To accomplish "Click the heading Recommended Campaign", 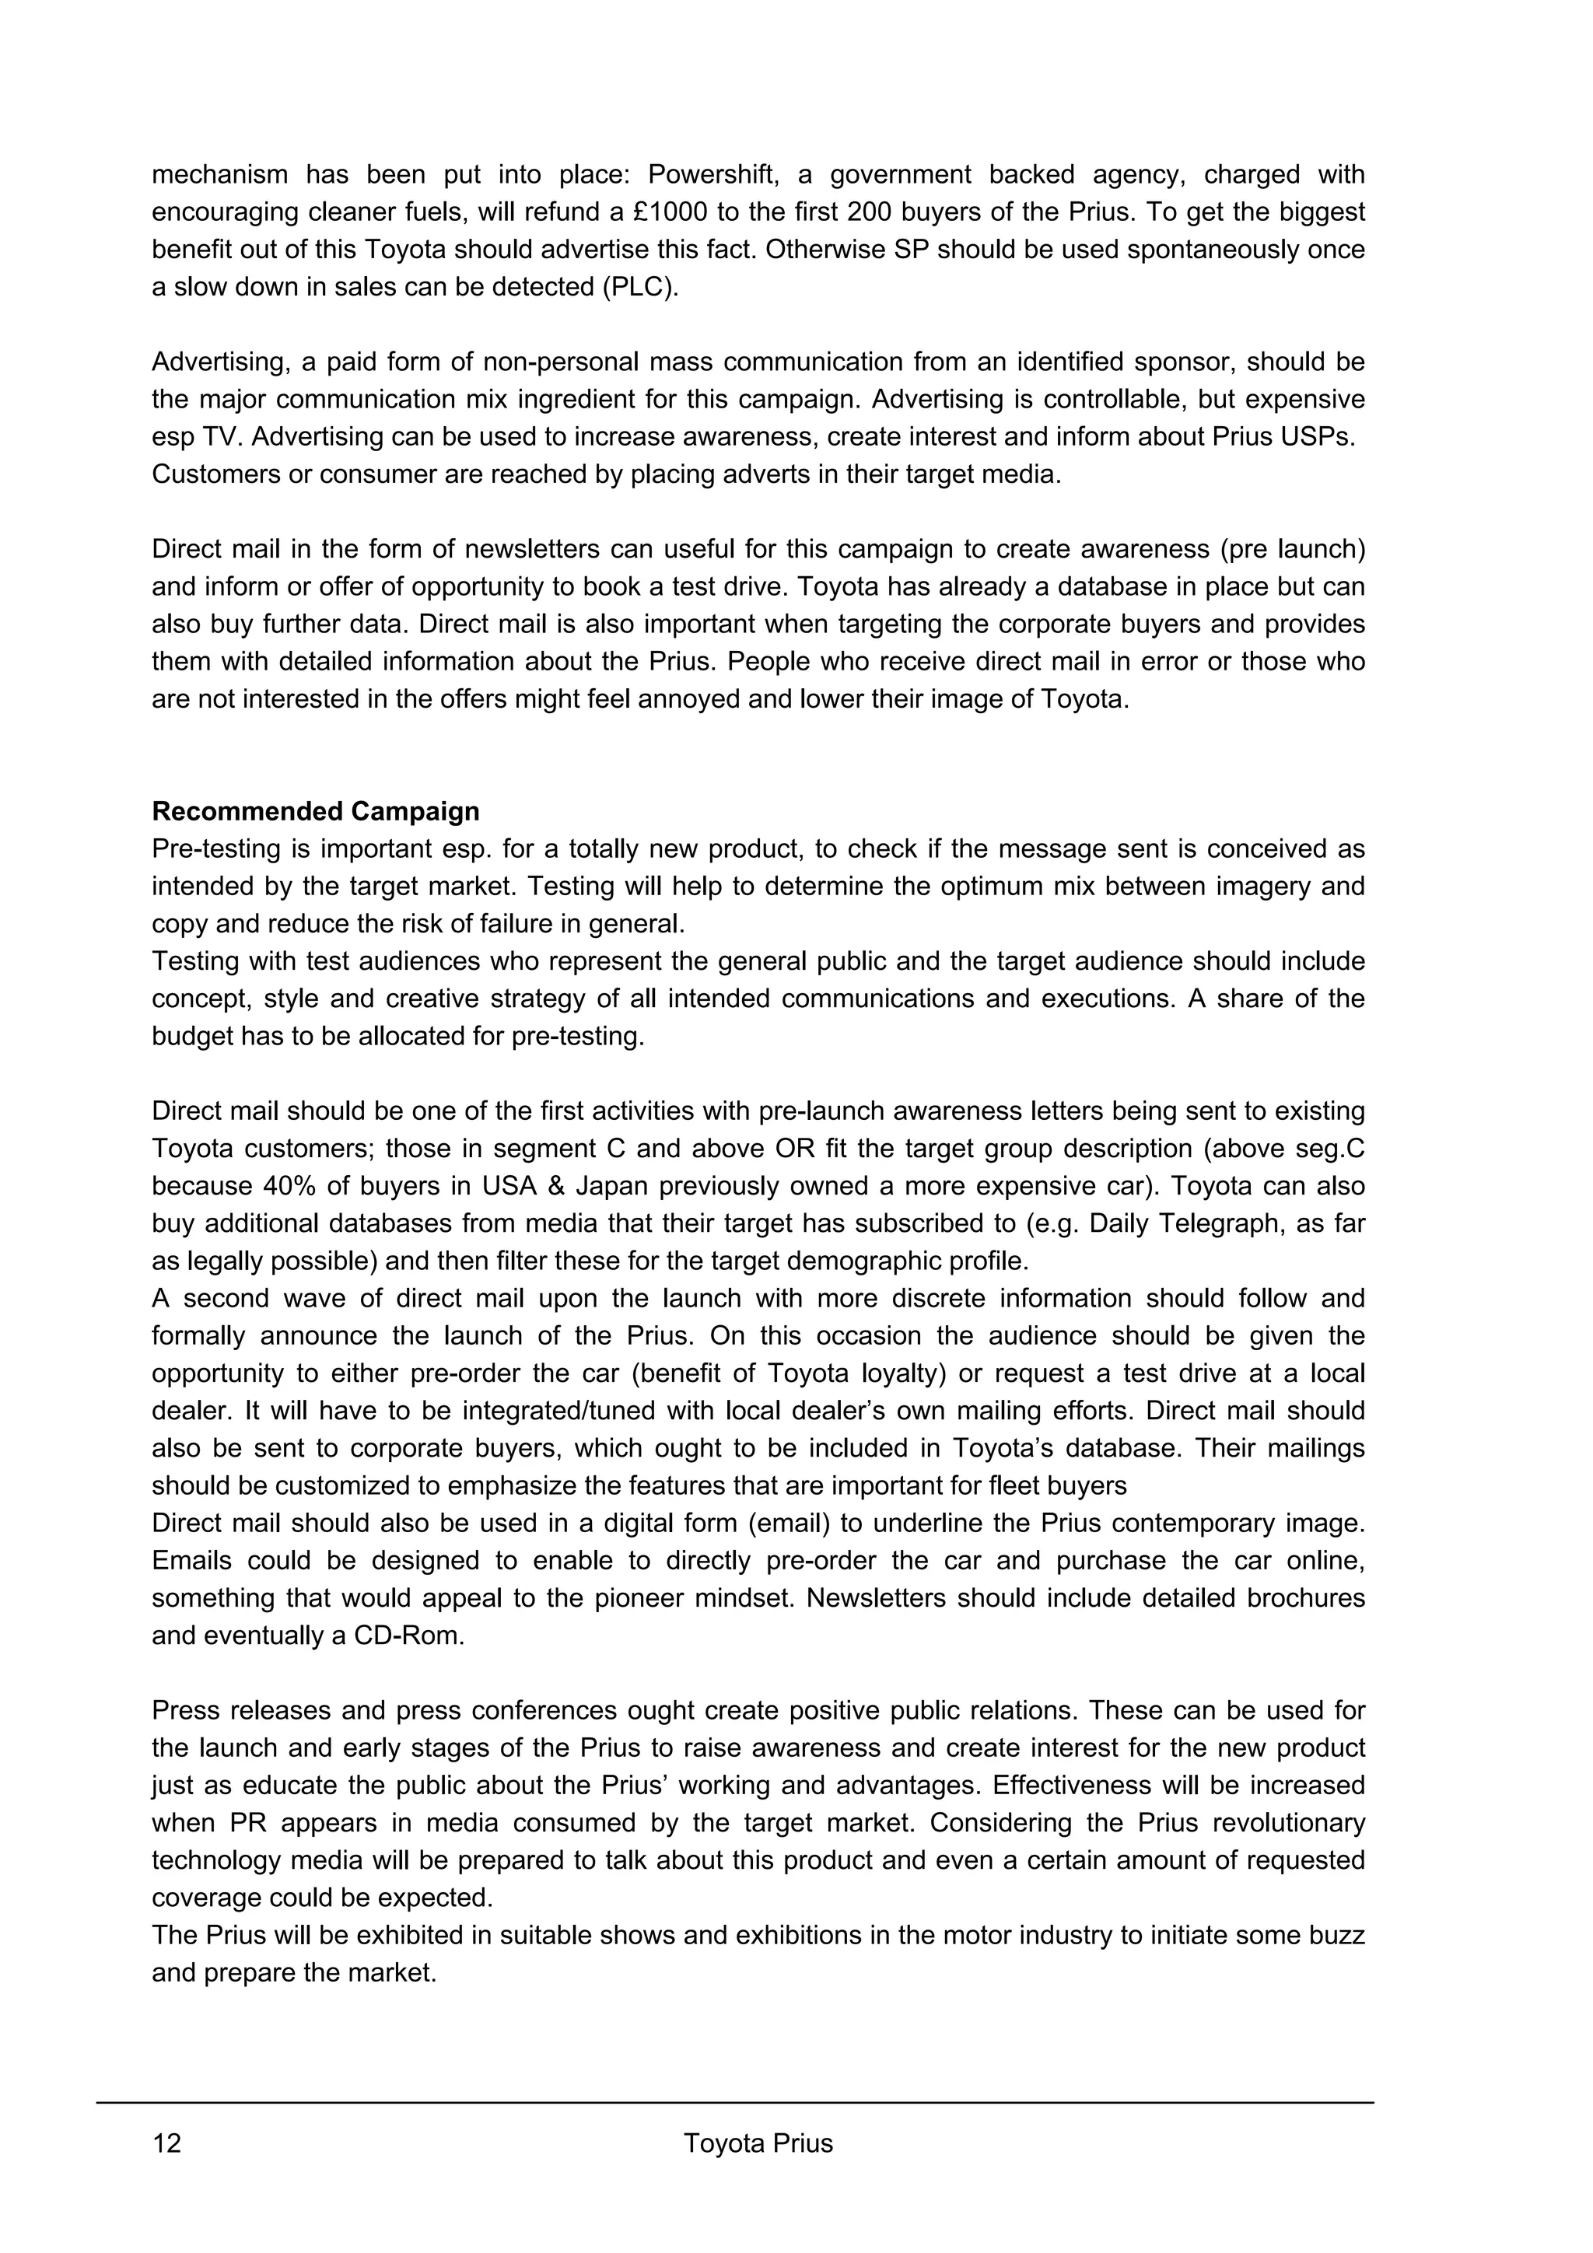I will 315,811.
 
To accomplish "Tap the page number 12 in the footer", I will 167,2143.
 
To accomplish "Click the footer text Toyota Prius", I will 758,2143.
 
